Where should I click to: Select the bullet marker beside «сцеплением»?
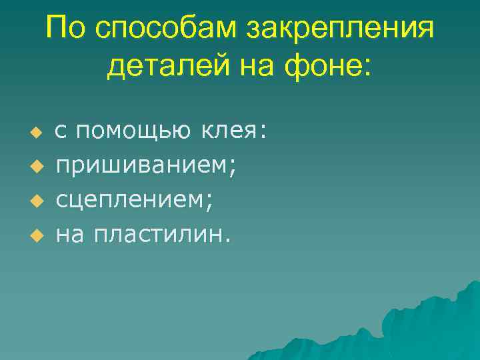point(37,199)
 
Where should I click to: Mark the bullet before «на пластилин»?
point(37,234)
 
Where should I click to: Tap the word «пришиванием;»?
point(146,165)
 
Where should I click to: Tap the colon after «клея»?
point(264,131)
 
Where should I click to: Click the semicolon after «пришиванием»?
point(233,167)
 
